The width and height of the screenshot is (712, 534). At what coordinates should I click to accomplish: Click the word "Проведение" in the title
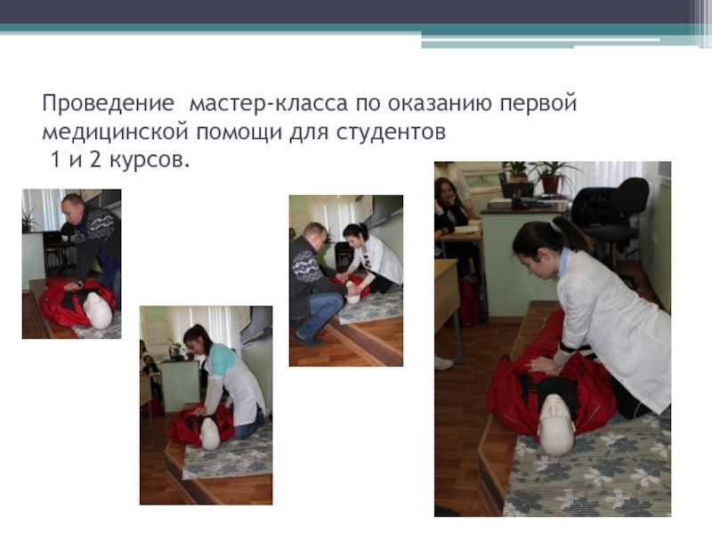coord(108,104)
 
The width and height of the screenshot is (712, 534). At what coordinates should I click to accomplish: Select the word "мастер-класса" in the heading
coord(269,103)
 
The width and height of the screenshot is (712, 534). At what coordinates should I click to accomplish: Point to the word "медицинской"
coord(115,132)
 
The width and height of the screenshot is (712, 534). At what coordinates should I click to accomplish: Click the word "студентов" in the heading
coord(392,133)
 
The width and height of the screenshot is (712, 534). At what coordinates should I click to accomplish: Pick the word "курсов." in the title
coord(150,160)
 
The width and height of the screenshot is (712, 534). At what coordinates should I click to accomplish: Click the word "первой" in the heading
coord(538,104)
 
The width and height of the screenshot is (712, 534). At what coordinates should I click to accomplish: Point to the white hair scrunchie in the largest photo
coord(553,224)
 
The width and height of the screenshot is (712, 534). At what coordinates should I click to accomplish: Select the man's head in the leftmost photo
coord(74,208)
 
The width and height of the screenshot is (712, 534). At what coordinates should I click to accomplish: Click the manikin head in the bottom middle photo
coord(210,433)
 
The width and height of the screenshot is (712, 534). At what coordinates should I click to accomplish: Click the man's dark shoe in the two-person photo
coord(308,341)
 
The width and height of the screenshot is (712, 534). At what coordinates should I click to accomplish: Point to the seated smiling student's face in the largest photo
coord(448,193)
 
